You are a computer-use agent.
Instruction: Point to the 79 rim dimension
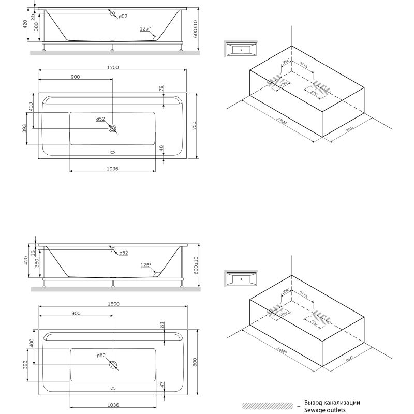point(161,88)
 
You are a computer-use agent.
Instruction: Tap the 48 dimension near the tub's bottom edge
point(161,149)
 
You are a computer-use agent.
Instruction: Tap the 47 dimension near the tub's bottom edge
point(161,385)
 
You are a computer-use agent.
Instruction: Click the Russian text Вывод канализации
point(332,402)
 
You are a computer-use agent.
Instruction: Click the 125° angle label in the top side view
point(145,29)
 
